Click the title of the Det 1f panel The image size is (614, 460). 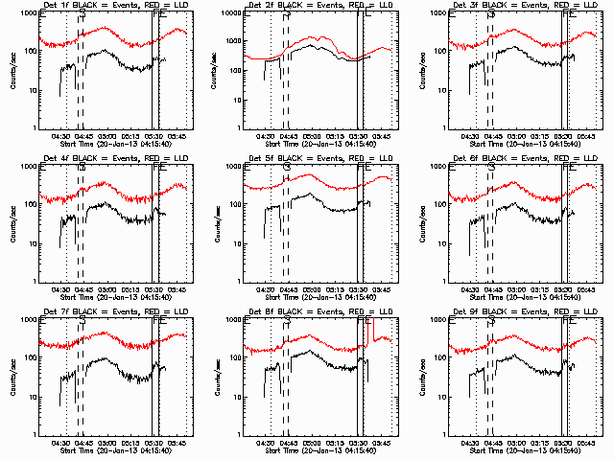point(114,7)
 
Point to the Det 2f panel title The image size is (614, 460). point(319,7)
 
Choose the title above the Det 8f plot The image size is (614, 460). point(319,313)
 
